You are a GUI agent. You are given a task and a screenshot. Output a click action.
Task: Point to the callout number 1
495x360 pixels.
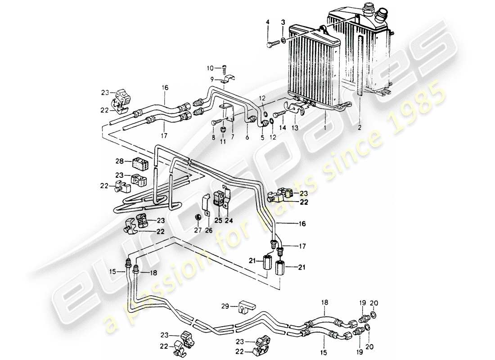(x=324, y=127)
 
